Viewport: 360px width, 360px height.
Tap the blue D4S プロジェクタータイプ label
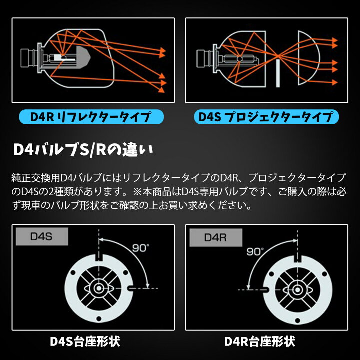click(265, 118)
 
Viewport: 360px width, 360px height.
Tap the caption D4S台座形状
click(85, 342)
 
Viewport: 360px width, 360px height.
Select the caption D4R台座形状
click(260, 342)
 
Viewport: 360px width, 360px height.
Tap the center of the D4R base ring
click(299, 289)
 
